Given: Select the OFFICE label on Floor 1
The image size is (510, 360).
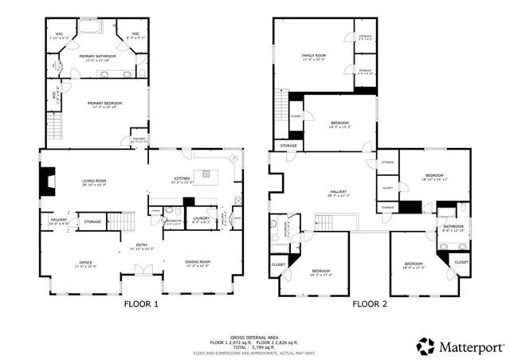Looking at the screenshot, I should [85, 262].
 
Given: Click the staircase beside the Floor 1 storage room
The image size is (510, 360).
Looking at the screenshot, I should [120, 220].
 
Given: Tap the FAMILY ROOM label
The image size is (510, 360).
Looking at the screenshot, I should [312, 57].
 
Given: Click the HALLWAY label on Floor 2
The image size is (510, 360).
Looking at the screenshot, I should [339, 192].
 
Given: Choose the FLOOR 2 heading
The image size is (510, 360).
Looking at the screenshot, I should [371, 303].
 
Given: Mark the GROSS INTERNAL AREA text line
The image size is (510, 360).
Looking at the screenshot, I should [254, 335].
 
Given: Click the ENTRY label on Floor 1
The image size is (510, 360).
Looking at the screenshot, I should [141, 245].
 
